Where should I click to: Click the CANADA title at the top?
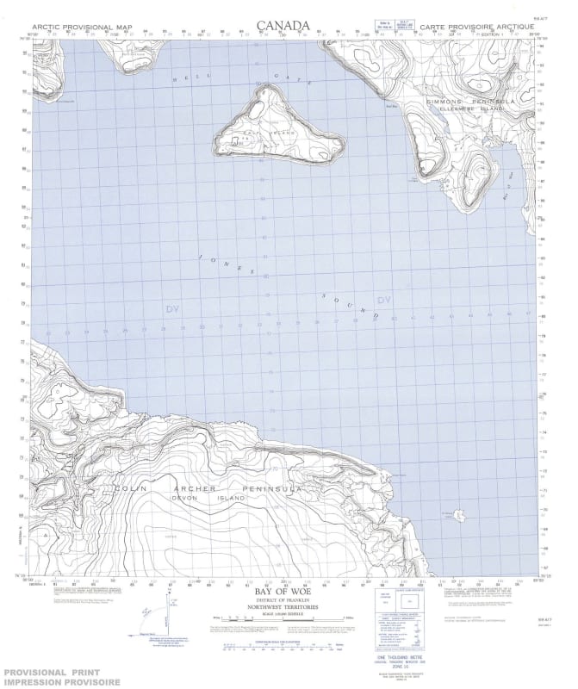pos(283,26)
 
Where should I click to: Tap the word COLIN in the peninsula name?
pos(132,488)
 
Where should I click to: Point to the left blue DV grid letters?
pos(172,307)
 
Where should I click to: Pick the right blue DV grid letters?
pos(384,300)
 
